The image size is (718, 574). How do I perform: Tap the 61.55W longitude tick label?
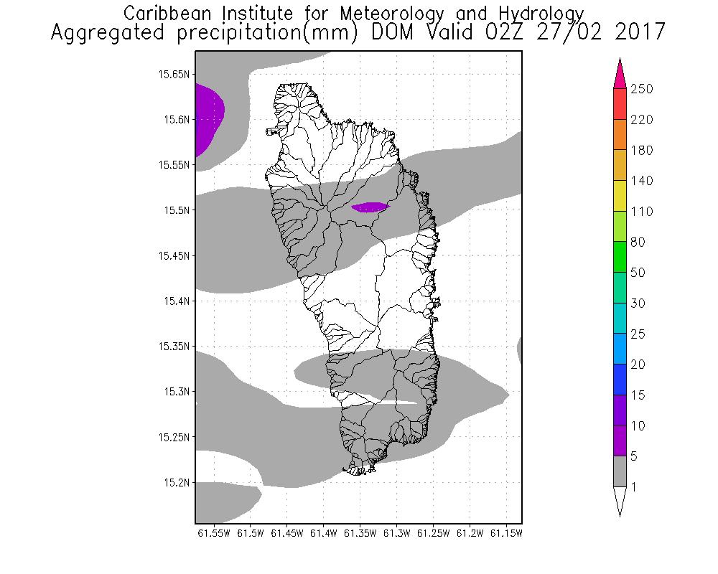(x=213, y=533)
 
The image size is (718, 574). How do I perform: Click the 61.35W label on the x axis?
(x=360, y=533)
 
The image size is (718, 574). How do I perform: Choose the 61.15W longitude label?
(x=506, y=533)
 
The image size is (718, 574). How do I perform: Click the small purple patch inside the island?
(x=370, y=207)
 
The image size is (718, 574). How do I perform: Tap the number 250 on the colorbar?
(x=640, y=89)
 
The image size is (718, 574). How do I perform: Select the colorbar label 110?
(x=640, y=212)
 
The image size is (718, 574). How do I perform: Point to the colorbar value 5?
(x=634, y=456)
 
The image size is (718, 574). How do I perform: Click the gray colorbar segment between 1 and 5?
(x=620, y=471)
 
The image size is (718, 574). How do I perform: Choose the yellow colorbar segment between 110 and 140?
(x=620, y=196)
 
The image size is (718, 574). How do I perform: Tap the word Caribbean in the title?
(x=164, y=14)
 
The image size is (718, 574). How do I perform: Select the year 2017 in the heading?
(x=630, y=32)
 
